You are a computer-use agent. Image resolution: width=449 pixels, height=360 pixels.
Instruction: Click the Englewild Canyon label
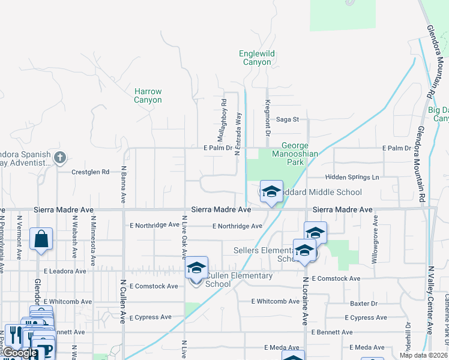(257, 58)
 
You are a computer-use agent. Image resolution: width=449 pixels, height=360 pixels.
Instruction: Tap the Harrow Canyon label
(148, 96)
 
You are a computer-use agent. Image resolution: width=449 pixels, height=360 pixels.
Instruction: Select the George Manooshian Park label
(295, 154)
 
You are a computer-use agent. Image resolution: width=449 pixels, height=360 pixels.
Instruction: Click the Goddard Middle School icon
(271, 192)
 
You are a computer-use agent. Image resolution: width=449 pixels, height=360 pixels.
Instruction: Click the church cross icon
(59, 158)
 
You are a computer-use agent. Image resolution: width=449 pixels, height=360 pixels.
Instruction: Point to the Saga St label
(287, 119)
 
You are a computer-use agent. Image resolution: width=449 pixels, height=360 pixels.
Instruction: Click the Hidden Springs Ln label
(352, 177)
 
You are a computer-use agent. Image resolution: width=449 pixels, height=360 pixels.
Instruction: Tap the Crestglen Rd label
(91, 172)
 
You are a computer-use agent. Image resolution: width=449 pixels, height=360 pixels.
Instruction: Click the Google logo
(20, 353)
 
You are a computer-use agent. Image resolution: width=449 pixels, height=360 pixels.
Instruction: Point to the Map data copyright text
(423, 355)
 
